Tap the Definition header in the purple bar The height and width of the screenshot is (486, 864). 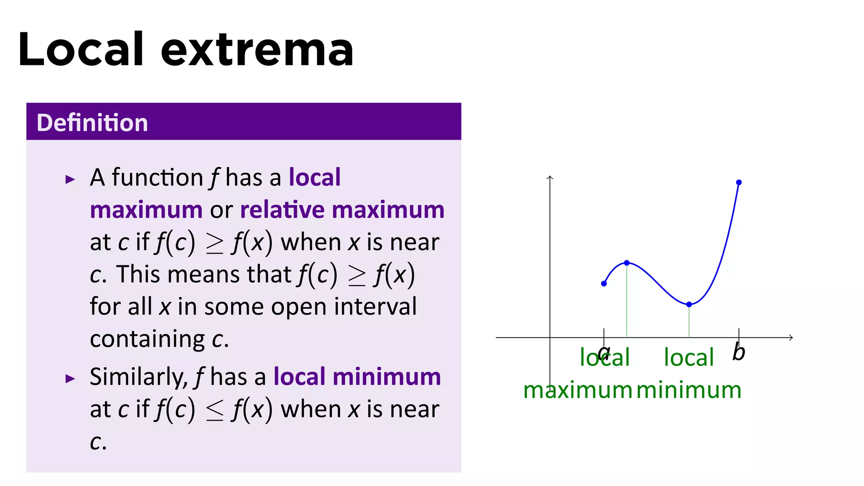[92, 123]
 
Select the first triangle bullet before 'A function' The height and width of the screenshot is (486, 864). [70, 180]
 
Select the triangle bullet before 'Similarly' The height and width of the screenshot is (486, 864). [70, 378]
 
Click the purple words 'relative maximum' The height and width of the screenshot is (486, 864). [342, 210]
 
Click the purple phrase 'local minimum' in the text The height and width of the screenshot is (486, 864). [357, 376]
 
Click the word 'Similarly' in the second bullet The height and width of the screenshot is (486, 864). [138, 377]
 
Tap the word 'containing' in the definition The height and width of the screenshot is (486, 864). [147, 339]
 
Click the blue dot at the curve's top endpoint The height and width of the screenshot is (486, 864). [739, 183]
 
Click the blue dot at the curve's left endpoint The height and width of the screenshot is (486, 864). [604, 283]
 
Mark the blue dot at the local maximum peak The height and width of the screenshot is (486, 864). [627, 263]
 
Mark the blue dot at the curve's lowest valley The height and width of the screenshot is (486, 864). [689, 304]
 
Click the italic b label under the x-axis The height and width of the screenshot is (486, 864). [739, 352]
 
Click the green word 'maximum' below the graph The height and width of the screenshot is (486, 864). [577, 390]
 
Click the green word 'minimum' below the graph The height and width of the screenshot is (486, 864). [688, 390]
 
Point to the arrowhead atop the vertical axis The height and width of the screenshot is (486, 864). [550, 178]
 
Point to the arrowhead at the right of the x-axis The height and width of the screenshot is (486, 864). [791, 337]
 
